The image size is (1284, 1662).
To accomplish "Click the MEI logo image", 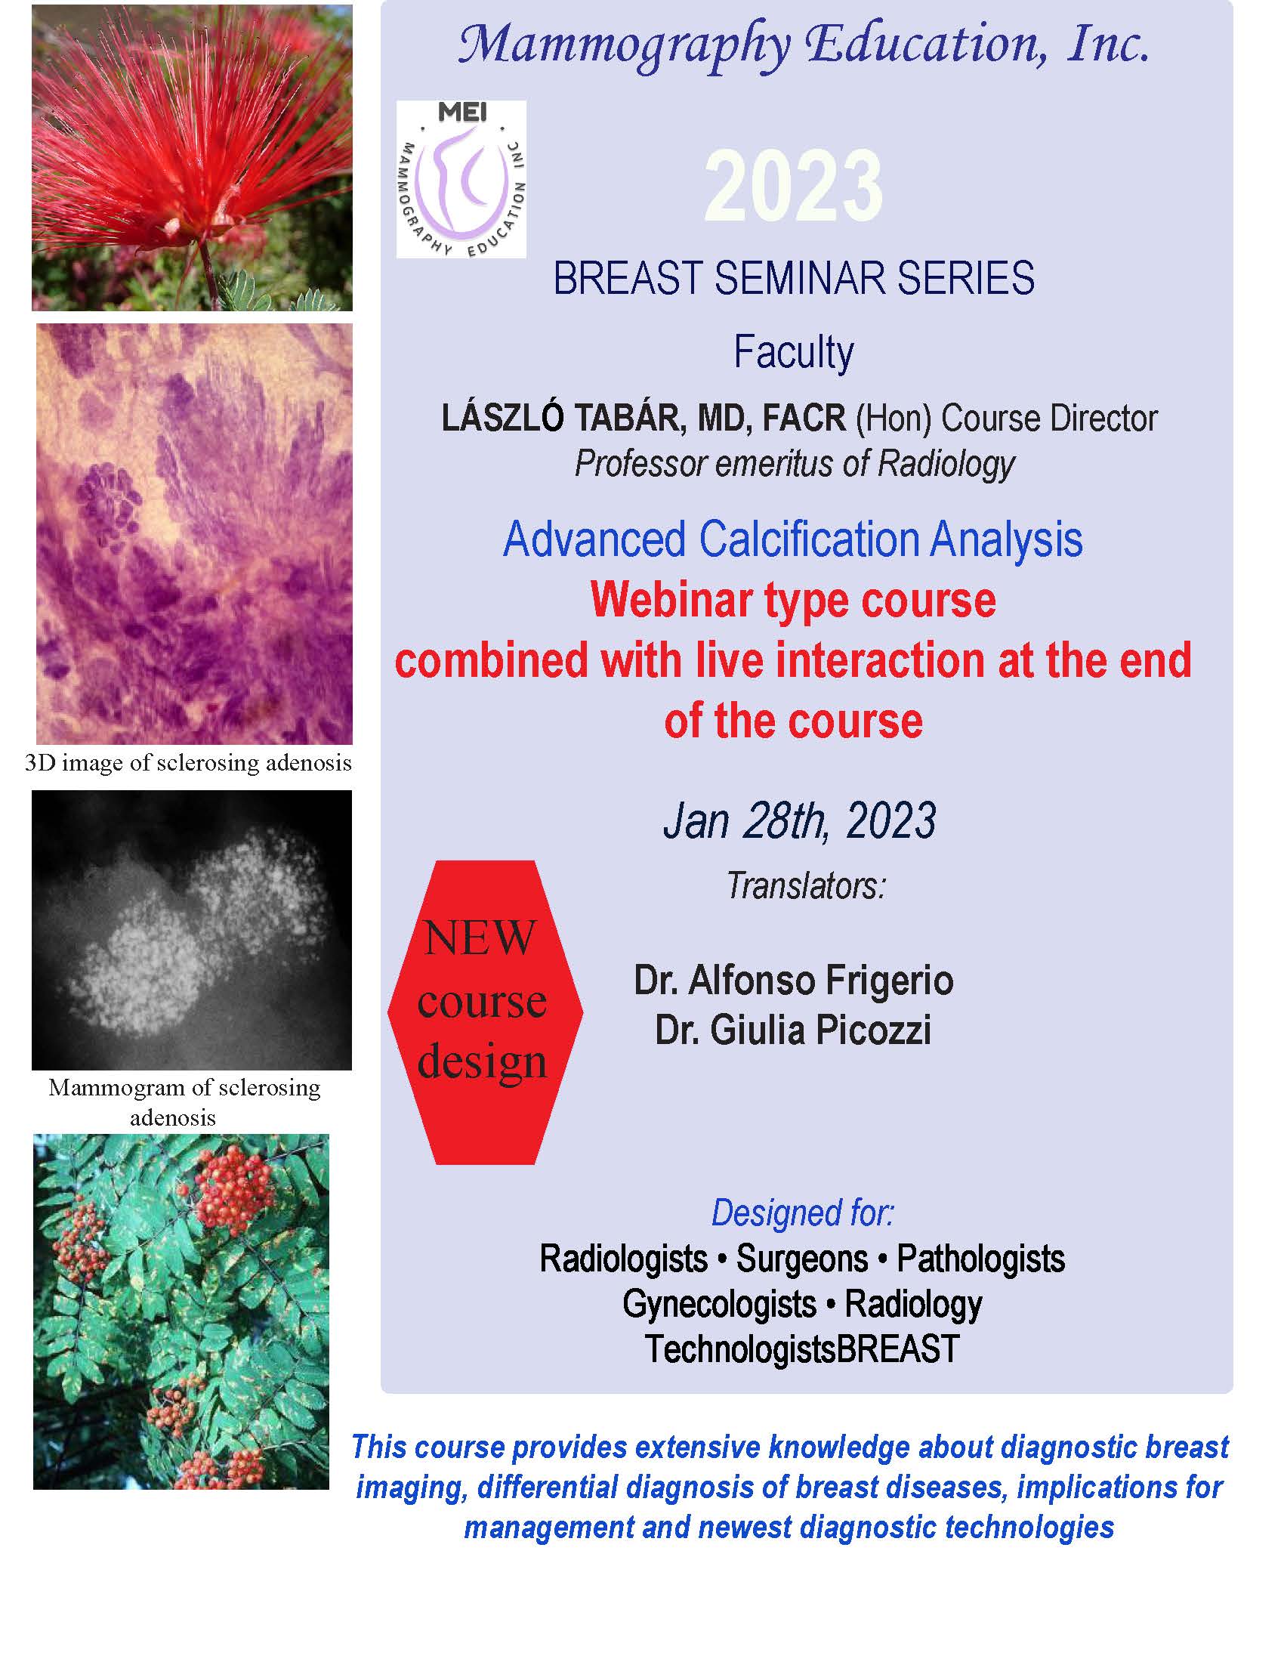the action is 461,179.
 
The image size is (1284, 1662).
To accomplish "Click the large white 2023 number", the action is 793,187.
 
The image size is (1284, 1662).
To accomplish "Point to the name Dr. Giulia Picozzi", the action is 793,1031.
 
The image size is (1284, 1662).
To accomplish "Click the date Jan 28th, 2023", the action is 799,821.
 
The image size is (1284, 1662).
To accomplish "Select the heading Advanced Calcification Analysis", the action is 792,539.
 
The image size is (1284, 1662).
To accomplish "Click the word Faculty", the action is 793,353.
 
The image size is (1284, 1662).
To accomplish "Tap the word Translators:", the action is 807,885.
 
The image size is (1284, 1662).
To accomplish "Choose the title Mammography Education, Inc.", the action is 804,45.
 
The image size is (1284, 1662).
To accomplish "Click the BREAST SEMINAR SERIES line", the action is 793,279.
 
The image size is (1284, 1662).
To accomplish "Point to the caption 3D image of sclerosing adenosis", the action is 189,763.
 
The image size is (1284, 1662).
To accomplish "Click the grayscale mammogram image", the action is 192,930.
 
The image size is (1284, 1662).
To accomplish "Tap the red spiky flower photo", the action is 192,158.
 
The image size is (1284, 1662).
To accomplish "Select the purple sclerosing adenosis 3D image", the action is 195,533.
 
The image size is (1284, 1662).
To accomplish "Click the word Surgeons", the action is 801,1259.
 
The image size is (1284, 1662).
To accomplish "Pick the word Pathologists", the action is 980,1259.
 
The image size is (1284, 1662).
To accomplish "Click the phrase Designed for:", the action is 802,1214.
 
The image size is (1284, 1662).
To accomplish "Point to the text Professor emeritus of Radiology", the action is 795,463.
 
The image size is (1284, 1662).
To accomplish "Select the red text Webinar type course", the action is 793,601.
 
